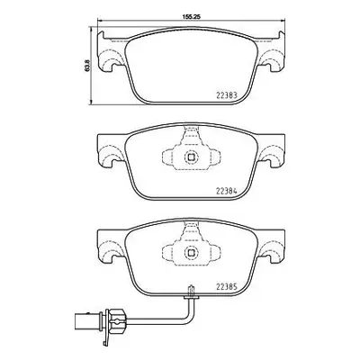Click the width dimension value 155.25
coord(191,17)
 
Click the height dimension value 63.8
coord(87,66)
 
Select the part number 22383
coord(227,95)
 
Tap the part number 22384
coord(227,191)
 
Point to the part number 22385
coord(227,286)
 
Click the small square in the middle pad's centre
coord(191,157)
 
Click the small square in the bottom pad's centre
coord(191,253)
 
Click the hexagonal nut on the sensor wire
coord(116,320)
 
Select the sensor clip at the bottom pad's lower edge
coord(191,292)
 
